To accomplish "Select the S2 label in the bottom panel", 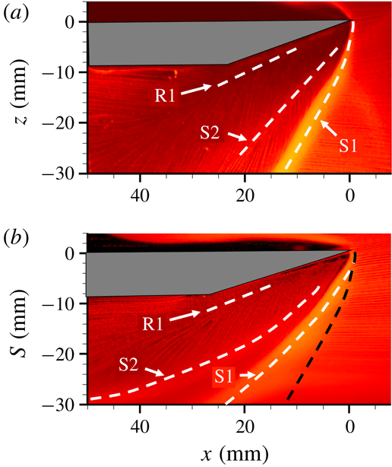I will tap(131, 366).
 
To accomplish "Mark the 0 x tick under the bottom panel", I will tap(350, 426).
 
